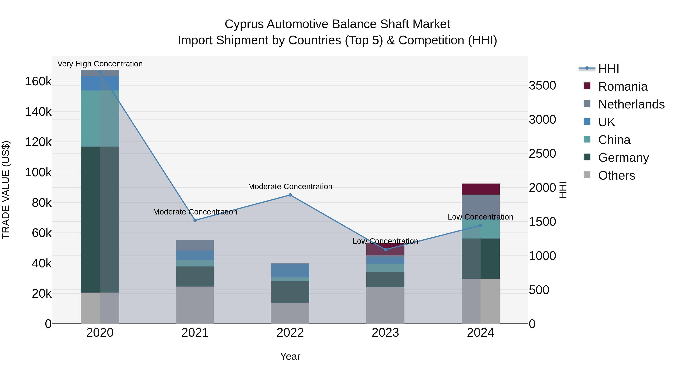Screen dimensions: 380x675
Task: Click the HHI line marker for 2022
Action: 290,195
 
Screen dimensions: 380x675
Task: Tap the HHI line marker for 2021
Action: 195,220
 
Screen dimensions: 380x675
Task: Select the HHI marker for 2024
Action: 481,225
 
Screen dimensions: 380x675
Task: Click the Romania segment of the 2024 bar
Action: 481,189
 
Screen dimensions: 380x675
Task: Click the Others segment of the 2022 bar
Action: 290,313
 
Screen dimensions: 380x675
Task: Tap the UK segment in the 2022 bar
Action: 290,270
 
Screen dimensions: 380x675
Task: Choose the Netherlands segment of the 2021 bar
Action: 195,245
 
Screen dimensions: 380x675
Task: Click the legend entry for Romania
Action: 622,87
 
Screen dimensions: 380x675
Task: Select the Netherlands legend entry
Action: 631,104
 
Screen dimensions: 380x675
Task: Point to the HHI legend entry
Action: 608,69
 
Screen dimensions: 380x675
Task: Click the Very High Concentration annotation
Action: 100,64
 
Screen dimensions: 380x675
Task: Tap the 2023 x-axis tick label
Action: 385,333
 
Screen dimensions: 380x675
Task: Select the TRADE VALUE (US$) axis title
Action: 6,190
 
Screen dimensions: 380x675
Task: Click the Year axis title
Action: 290,356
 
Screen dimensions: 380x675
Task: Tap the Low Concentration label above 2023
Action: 385,241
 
